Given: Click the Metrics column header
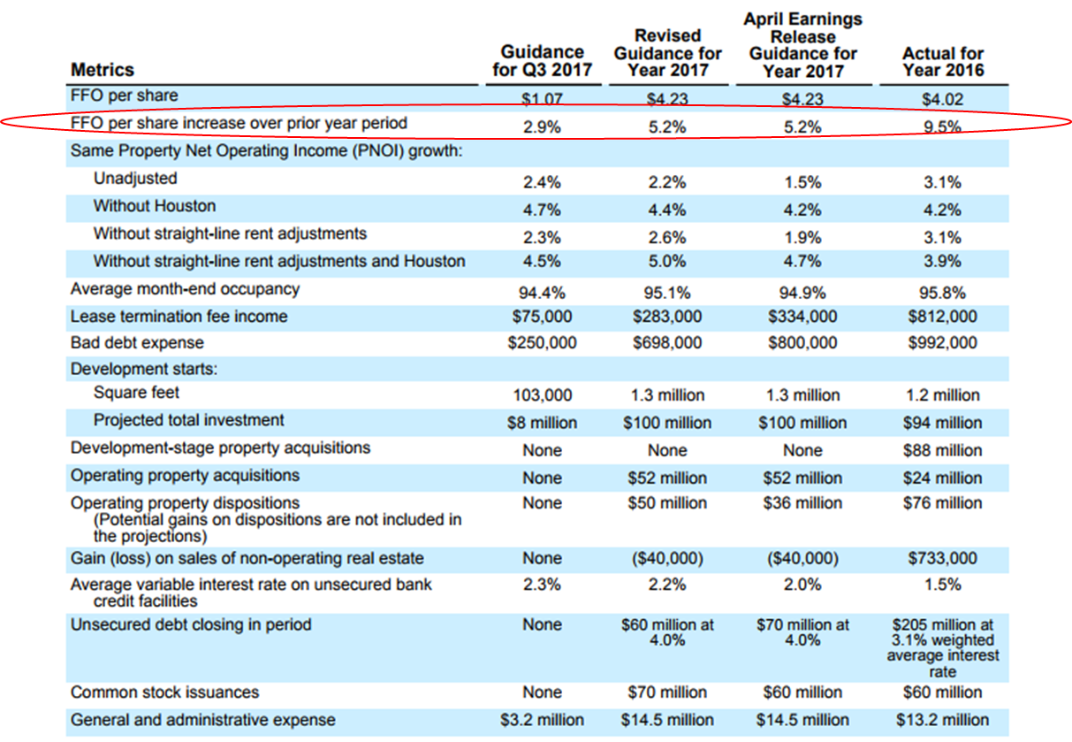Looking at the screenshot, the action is click(103, 70).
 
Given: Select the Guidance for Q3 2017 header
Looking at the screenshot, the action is click(543, 61).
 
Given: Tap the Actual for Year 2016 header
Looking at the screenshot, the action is click(943, 61).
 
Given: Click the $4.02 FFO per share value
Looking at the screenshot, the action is click(942, 99).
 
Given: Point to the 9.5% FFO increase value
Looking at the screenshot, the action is click(942, 126).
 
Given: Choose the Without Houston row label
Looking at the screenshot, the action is click(155, 206).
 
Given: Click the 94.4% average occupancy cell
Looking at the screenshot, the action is click(542, 292).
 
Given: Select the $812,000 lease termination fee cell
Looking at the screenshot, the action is click(942, 316).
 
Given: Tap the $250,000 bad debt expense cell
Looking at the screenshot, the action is click(542, 342).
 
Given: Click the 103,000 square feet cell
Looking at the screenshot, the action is click(543, 394).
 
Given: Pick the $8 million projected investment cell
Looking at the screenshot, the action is click(543, 423).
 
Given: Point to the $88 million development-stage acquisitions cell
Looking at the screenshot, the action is click(942, 450).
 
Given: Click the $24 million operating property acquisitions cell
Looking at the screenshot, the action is click(942, 478).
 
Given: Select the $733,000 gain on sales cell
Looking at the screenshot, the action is click(942, 558).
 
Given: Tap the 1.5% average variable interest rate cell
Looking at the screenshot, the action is click(942, 585).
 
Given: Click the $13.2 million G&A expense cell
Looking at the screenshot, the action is click(942, 720).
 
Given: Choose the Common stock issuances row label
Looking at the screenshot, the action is click(164, 692).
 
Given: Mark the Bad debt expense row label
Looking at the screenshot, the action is click(137, 343).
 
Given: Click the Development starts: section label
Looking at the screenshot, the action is click(143, 370).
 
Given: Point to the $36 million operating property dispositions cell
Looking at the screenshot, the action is click(802, 503).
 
